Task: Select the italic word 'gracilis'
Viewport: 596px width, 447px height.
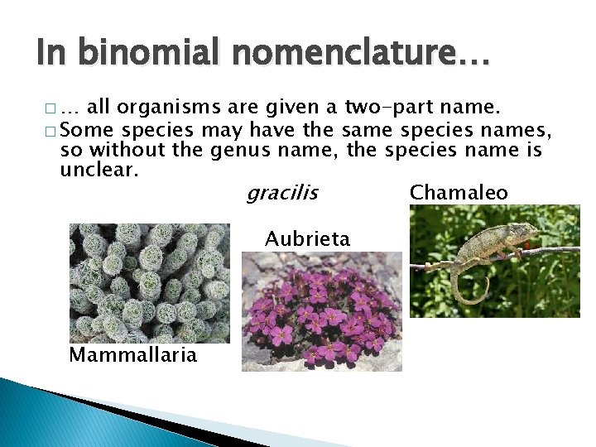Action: click(x=281, y=193)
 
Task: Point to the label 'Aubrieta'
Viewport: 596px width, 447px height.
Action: click(x=307, y=239)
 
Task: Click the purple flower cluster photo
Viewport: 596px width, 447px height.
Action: click(x=321, y=311)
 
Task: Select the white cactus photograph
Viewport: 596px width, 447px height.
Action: click(x=149, y=282)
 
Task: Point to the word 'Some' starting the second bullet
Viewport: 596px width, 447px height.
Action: click(x=88, y=129)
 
